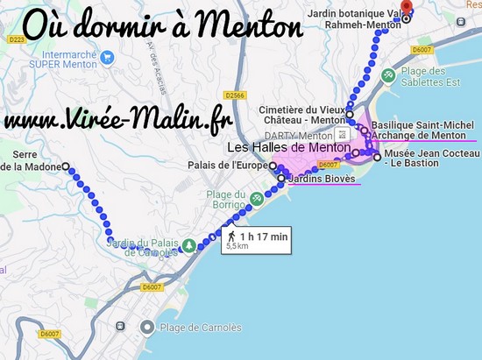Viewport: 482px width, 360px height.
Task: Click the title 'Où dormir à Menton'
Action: click(161, 25)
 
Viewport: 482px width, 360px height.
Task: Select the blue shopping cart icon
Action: click(107, 59)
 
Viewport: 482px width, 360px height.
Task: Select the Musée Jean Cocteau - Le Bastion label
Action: click(430, 158)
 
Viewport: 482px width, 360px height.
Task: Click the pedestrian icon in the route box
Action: click(231, 236)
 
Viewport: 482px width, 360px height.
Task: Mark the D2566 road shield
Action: click(233, 95)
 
